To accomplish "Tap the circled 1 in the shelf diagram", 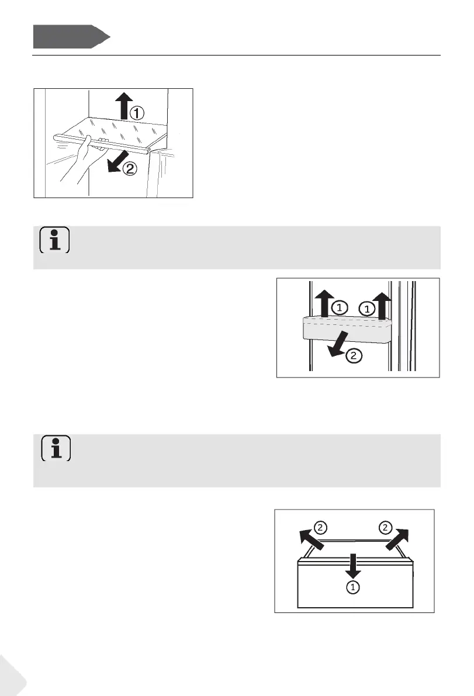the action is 137,113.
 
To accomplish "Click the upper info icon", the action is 55,240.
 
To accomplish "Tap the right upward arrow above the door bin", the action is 382,304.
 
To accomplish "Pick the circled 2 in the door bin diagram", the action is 352,355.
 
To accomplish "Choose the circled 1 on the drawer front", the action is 353,587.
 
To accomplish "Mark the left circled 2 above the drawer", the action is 321,528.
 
